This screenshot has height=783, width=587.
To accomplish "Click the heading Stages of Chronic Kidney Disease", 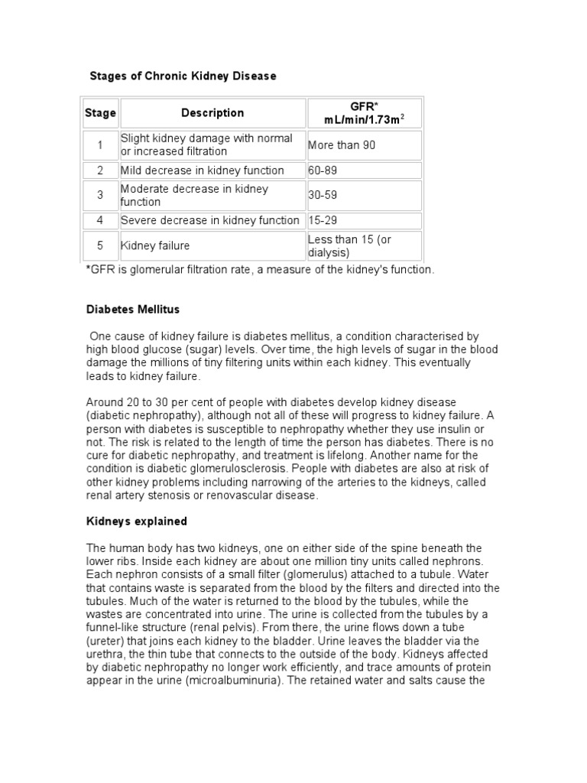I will point(183,76).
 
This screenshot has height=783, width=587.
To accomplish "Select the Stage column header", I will point(100,113).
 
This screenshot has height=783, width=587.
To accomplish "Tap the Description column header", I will point(212,113).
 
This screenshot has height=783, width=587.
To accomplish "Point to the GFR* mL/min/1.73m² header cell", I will point(364,113).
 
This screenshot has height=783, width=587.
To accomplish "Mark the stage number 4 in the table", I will point(100,220).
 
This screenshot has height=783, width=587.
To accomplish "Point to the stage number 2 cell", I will point(100,171).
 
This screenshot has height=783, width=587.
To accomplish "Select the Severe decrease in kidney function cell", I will point(210,220).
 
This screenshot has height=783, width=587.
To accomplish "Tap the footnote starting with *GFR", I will point(260,270).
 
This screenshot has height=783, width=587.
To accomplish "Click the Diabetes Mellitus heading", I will point(132,310).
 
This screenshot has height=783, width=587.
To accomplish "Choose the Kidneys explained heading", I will point(137,521).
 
